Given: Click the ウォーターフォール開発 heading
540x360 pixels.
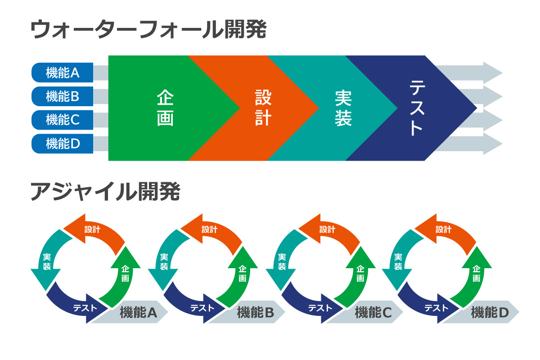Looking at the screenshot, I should [149, 31].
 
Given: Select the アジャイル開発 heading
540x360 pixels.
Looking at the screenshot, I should [105, 192].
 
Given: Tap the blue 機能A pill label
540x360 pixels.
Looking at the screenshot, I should [63, 72].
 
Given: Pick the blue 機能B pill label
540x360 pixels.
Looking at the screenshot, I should [63, 96].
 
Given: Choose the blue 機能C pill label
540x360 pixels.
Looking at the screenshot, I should [63, 120].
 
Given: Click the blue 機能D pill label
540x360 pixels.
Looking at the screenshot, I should [63, 144].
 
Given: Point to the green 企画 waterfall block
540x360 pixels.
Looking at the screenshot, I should [165, 108].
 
